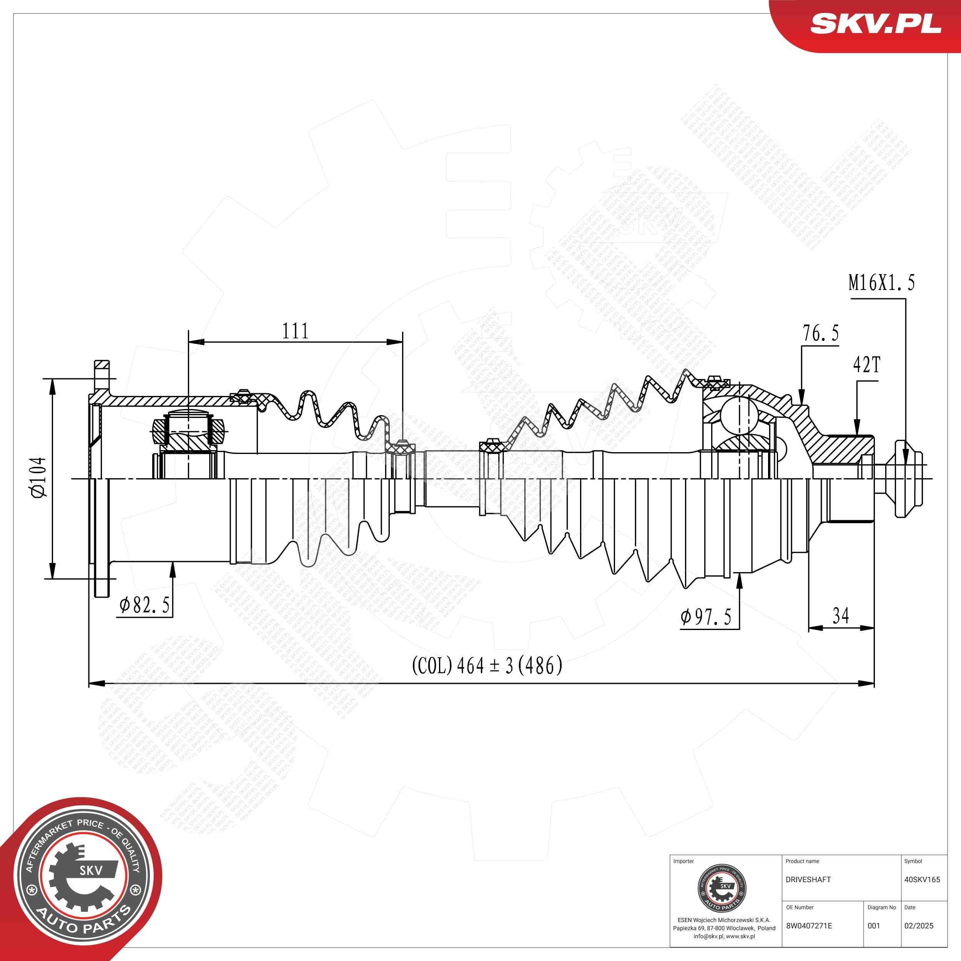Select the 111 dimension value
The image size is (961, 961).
click(x=296, y=331)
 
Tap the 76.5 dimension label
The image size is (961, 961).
click(x=820, y=333)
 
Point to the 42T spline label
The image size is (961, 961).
click(x=866, y=366)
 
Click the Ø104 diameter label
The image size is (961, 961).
click(x=39, y=477)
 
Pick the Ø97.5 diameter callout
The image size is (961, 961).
click(x=706, y=617)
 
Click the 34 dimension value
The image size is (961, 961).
click(x=840, y=616)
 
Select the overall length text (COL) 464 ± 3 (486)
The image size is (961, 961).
click(x=487, y=665)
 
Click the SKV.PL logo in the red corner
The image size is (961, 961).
click(x=875, y=24)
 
